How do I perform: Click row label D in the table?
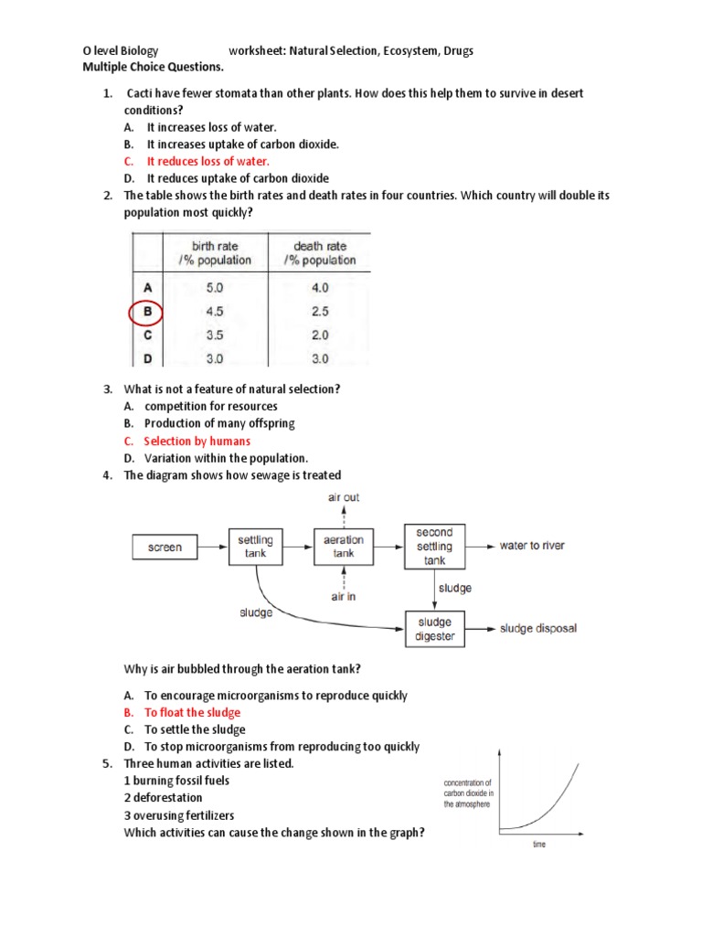coord(147,357)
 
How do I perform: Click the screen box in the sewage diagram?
coord(165,548)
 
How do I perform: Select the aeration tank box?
coord(344,547)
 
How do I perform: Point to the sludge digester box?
coord(435,629)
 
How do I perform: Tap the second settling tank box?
coord(434,546)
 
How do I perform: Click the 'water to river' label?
coord(532,546)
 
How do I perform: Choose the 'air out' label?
coord(344,497)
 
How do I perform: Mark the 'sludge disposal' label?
coord(538,629)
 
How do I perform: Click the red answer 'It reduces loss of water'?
coord(208,162)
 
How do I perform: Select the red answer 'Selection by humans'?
coord(197,441)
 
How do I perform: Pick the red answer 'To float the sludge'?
coord(192,712)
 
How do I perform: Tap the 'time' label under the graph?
coord(539,845)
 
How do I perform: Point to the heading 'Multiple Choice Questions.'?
coord(153,67)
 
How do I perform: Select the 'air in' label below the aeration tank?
coord(344,597)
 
